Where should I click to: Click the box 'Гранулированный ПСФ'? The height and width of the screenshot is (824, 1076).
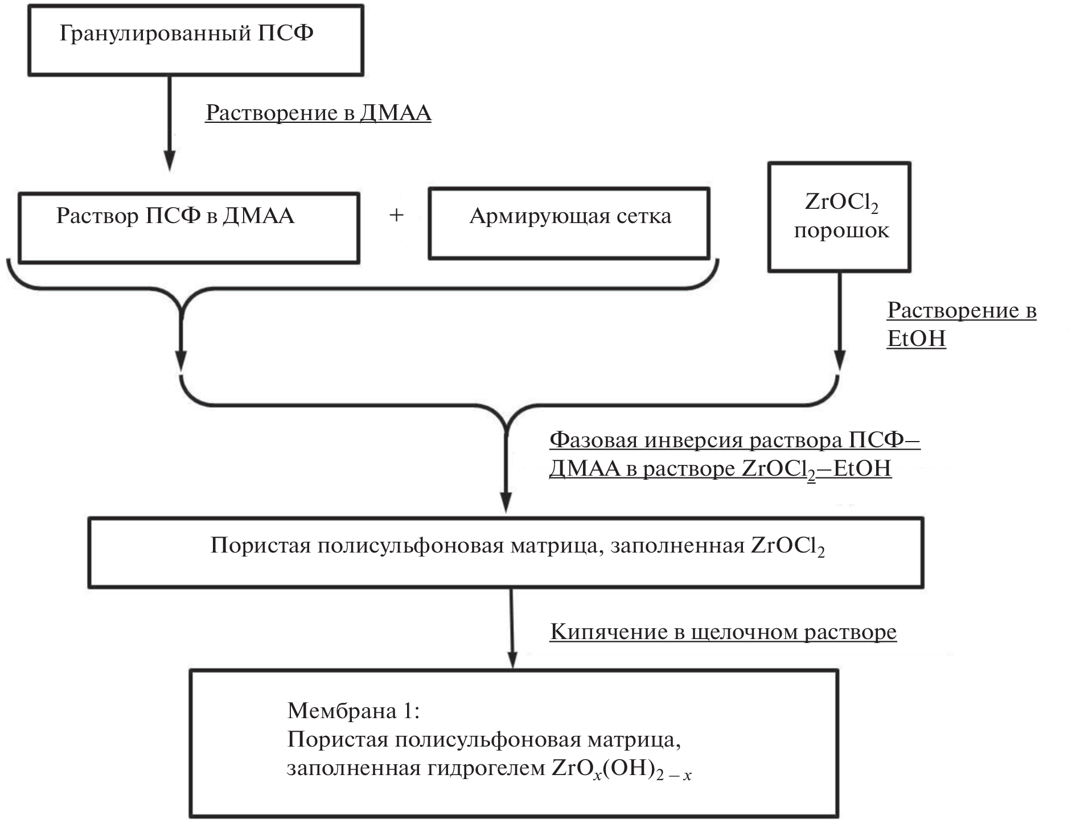pyautogui.click(x=196, y=40)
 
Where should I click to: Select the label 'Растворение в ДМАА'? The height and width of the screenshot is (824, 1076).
pyautogui.click(x=318, y=113)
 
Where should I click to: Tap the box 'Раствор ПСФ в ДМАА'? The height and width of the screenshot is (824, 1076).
pyautogui.click(x=188, y=227)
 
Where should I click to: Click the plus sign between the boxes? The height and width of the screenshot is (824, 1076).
pyautogui.click(x=396, y=216)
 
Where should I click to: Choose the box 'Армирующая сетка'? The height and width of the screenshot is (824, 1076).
pyautogui.click(x=569, y=223)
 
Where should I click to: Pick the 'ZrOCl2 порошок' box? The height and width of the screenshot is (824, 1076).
pyautogui.click(x=839, y=216)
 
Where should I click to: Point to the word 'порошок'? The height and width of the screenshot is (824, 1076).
pyautogui.click(x=841, y=231)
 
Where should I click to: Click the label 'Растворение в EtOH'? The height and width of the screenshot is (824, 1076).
pyautogui.click(x=961, y=324)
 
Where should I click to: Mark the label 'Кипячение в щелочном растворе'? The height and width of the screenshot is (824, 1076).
pyautogui.click(x=723, y=632)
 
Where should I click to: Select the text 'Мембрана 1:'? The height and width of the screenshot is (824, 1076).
pyautogui.click(x=354, y=710)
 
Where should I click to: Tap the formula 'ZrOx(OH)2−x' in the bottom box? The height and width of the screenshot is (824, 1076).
pyautogui.click(x=622, y=769)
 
